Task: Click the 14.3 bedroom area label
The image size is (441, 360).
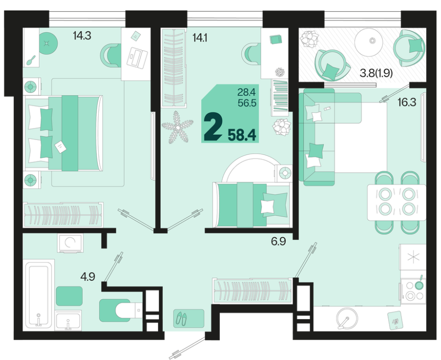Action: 82,36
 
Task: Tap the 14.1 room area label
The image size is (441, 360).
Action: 200,37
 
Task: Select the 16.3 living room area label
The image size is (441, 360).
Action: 407,102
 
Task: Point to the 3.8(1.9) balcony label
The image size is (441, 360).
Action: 376,74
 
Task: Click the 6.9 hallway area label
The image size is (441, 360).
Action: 279,241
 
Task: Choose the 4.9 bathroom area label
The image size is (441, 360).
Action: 88,277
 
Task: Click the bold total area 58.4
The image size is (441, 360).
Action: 242,135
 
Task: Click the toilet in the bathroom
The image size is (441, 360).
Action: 122,310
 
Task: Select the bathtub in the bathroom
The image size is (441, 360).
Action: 38,295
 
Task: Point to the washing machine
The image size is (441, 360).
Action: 70,243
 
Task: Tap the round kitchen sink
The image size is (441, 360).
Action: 347,318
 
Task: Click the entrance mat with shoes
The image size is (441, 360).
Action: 189,318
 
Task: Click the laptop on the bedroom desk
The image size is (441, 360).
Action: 137,57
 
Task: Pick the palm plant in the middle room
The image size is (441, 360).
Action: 178,127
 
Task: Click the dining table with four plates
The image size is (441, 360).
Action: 396,202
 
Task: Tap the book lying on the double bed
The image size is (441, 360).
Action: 60,147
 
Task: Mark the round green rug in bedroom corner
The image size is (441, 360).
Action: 47,44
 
